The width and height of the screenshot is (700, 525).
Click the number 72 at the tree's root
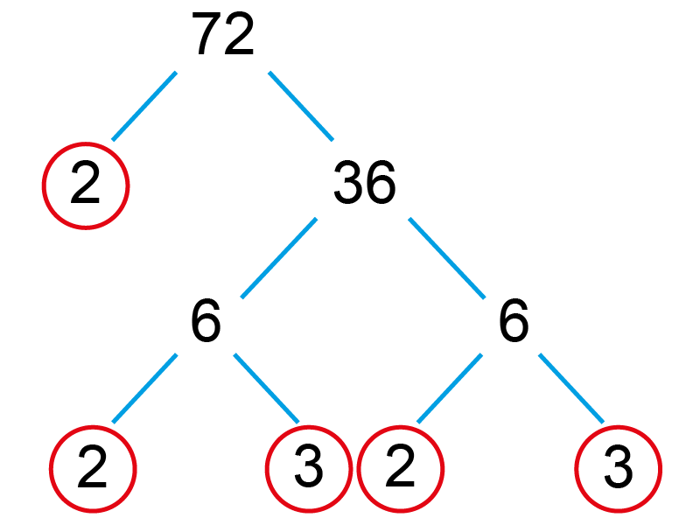[x=223, y=33]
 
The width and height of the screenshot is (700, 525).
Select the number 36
[x=365, y=182]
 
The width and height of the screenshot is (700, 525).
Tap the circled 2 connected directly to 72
[x=86, y=185]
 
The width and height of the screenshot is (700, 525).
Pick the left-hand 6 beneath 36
[x=206, y=320]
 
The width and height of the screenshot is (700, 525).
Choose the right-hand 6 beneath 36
[x=514, y=320]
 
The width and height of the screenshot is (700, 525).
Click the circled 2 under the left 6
[x=93, y=469]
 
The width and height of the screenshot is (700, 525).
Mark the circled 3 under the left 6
[x=309, y=469]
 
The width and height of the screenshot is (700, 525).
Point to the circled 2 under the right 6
[x=401, y=469]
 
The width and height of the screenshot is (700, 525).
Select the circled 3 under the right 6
[x=619, y=469]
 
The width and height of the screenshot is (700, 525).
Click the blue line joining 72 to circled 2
[x=144, y=106]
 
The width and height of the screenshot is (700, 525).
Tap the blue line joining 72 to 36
[x=301, y=106]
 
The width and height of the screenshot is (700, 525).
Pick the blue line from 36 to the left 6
[x=279, y=258]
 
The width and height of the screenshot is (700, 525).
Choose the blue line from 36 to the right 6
[x=447, y=258]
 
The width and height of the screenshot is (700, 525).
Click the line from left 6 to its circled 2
[x=144, y=388]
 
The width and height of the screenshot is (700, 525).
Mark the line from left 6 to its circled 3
[x=267, y=388]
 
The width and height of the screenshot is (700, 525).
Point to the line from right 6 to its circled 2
[x=450, y=388]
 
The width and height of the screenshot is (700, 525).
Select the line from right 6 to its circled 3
[x=571, y=388]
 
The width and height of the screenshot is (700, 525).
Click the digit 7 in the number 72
[x=206, y=34]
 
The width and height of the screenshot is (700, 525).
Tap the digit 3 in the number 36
[x=348, y=182]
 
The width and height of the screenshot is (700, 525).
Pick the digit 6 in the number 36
[x=381, y=182]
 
